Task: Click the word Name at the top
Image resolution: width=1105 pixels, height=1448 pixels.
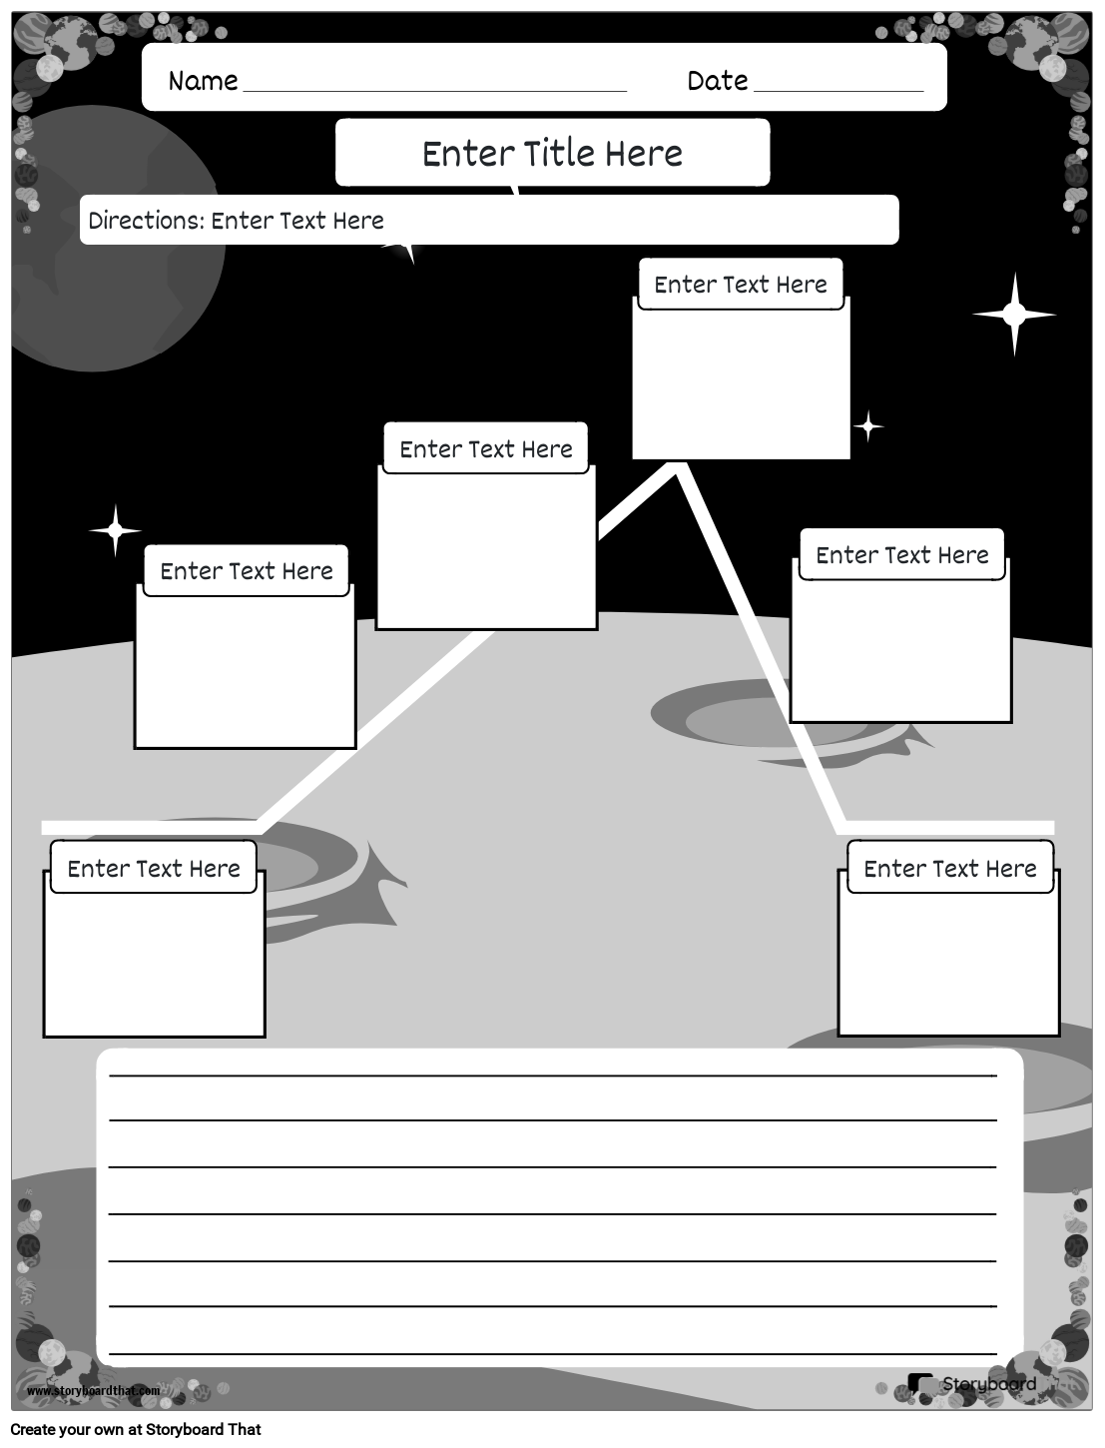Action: point(203,81)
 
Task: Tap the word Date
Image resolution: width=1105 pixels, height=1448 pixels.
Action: point(717,81)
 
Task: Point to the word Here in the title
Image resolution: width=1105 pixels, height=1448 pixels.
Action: point(644,154)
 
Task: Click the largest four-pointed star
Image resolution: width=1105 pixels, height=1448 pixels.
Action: point(1014,315)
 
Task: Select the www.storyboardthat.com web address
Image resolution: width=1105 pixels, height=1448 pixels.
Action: point(93,1390)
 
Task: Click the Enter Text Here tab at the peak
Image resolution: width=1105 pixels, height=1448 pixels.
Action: point(741,285)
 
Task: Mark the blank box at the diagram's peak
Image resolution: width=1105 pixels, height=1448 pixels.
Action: point(741,384)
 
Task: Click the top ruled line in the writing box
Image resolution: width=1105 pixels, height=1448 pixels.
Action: point(552,1076)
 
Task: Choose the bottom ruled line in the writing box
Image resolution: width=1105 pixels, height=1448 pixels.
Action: point(552,1353)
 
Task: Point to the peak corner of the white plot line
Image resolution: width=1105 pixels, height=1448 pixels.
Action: point(679,467)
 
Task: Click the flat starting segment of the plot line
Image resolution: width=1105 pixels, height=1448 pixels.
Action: point(150,827)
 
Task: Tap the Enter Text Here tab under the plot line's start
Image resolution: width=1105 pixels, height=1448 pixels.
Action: point(154,869)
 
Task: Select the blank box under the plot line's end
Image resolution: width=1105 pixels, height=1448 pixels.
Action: point(948,964)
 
